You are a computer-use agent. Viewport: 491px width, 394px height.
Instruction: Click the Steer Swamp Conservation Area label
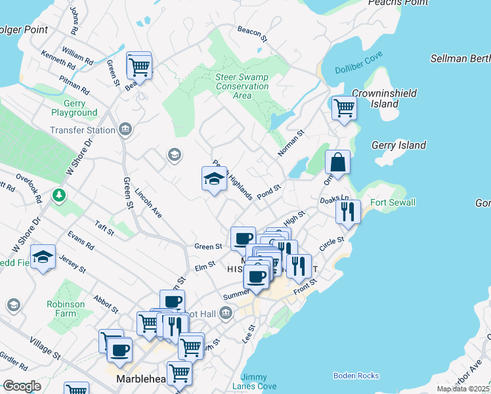(x=242, y=86)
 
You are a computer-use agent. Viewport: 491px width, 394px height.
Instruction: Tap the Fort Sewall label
(x=393, y=202)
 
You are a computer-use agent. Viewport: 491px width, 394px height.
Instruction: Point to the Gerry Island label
(x=398, y=145)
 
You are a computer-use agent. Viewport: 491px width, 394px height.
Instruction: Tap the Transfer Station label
(x=83, y=130)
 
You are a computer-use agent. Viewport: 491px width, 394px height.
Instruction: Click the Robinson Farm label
(x=66, y=309)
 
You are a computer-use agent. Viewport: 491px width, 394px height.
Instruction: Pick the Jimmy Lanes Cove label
(x=259, y=382)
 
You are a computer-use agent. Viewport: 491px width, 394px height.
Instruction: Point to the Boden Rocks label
(x=356, y=376)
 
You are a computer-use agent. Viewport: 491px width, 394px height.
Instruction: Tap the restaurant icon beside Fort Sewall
(x=348, y=211)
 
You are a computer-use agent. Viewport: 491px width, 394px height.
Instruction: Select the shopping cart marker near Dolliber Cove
(x=343, y=107)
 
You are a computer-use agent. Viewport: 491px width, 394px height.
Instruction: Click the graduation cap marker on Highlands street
(x=213, y=179)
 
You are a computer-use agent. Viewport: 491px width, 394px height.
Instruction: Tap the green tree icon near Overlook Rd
(x=60, y=195)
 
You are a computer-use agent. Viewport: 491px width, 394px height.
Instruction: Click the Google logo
(x=22, y=386)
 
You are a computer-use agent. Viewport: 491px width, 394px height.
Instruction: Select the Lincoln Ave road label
(x=148, y=204)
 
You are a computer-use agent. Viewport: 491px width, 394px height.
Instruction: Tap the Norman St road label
(x=291, y=144)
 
